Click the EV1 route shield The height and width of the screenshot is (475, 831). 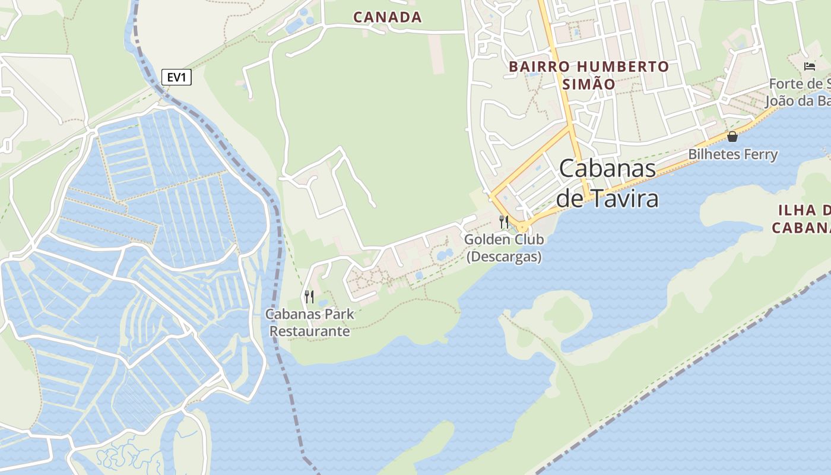tap(176, 77)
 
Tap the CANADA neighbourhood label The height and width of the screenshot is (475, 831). tap(387, 17)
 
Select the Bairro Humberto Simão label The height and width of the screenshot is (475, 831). tap(588, 75)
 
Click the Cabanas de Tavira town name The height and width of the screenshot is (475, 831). tap(607, 182)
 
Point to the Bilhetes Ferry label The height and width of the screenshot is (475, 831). tap(732, 154)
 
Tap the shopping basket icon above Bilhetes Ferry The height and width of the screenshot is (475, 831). tap(732, 137)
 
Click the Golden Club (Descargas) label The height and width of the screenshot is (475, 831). tap(504, 248)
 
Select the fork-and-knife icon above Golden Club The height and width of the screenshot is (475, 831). tap(504, 222)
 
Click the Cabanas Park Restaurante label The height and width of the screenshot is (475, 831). tap(309, 322)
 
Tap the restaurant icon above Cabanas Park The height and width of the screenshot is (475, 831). tap(309, 296)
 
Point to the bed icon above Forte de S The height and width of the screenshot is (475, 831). tap(810, 66)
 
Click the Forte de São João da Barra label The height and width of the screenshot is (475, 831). tap(798, 92)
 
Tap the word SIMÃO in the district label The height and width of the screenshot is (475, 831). tap(588, 84)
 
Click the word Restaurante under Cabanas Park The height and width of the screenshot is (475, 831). tap(309, 331)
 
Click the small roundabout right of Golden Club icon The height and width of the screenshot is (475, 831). tap(523, 227)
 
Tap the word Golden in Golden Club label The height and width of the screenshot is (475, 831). tap(486, 239)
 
